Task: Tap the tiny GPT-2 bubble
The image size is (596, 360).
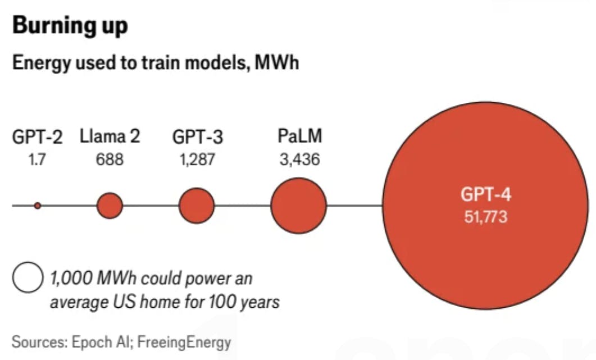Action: pyautogui.click(x=38, y=206)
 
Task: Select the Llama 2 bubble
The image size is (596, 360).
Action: pyautogui.click(x=110, y=206)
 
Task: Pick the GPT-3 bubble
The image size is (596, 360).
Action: pyautogui.click(x=197, y=206)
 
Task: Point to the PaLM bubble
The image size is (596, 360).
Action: pyautogui.click(x=298, y=205)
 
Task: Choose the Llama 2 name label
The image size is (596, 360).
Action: pyautogui.click(x=110, y=136)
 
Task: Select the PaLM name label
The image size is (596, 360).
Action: pyautogui.click(x=300, y=137)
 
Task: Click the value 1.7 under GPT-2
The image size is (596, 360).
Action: pyautogui.click(x=38, y=160)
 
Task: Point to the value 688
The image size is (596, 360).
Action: pyautogui.click(x=110, y=160)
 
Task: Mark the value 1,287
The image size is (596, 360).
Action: pyautogui.click(x=197, y=160)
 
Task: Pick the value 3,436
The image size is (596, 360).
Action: pyautogui.click(x=300, y=160)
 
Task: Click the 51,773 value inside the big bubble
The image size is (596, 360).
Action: pyautogui.click(x=486, y=217)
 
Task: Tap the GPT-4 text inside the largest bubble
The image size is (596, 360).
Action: pyautogui.click(x=486, y=195)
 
